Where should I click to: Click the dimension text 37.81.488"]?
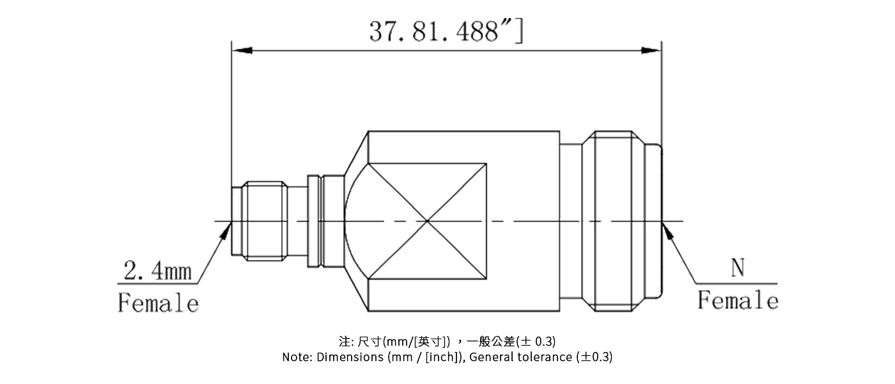pyautogui.click(x=446, y=30)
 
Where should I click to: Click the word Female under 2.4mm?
pyautogui.click(x=158, y=302)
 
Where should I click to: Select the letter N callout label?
pyautogui.click(x=738, y=269)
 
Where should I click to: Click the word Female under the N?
pyautogui.click(x=738, y=300)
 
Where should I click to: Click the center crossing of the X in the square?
pyautogui.click(x=427, y=221)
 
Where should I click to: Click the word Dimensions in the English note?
pyautogui.click(x=350, y=357)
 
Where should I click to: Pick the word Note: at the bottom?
pyautogui.click(x=298, y=357)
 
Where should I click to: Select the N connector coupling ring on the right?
pyautogui.click(x=617, y=221)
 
